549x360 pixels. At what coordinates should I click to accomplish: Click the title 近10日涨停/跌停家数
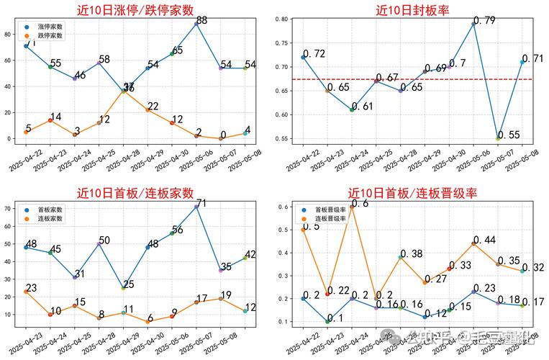(x=137, y=9)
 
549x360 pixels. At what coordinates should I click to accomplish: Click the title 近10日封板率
(x=412, y=9)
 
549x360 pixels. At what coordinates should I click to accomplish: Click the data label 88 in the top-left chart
(x=201, y=21)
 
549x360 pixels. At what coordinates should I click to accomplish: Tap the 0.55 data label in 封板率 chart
(x=509, y=135)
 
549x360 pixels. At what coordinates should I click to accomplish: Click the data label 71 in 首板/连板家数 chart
(x=201, y=204)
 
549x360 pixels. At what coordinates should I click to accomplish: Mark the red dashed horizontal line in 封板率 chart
(x=403, y=78)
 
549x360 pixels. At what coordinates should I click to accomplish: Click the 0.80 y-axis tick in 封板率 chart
(x=282, y=19)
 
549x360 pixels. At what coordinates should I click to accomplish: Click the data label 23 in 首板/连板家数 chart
(x=32, y=288)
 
